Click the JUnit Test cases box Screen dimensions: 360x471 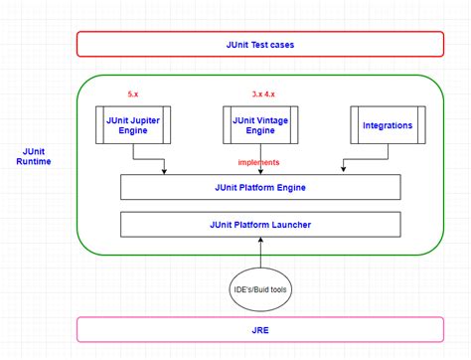pos(259,44)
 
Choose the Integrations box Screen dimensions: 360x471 pos(383,124)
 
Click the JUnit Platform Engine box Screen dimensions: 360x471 pos(259,187)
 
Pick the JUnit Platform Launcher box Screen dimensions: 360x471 pos(259,225)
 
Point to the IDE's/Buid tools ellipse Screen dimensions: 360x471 pos(260,289)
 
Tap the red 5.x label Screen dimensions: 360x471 pos(132,93)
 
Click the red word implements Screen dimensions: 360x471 pos(258,162)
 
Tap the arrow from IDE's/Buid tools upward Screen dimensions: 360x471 pos(260,253)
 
